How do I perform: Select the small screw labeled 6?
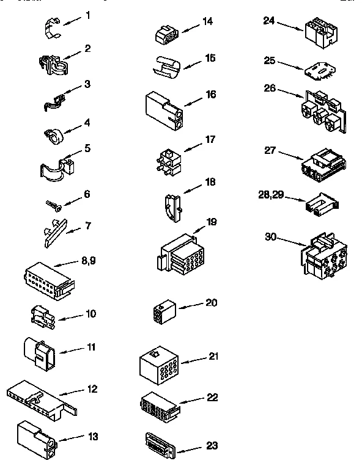pos(54,205)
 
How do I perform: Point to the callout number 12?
pos(92,389)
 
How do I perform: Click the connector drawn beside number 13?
pos(37,440)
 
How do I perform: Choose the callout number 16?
pos(210,95)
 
